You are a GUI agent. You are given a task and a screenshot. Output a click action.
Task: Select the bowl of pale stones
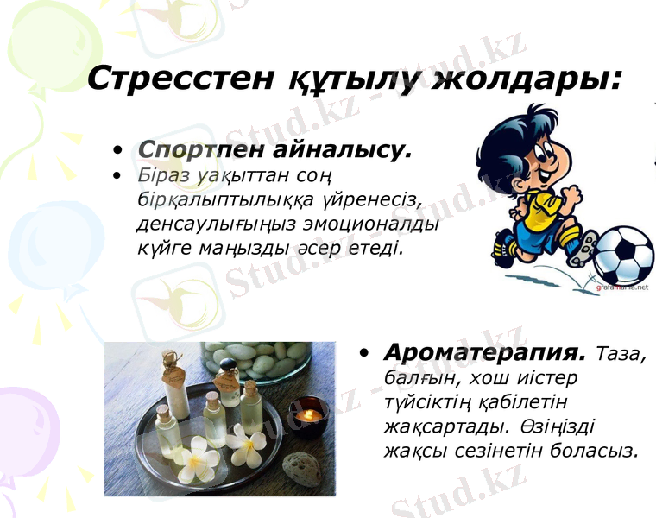click(x=259, y=361)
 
